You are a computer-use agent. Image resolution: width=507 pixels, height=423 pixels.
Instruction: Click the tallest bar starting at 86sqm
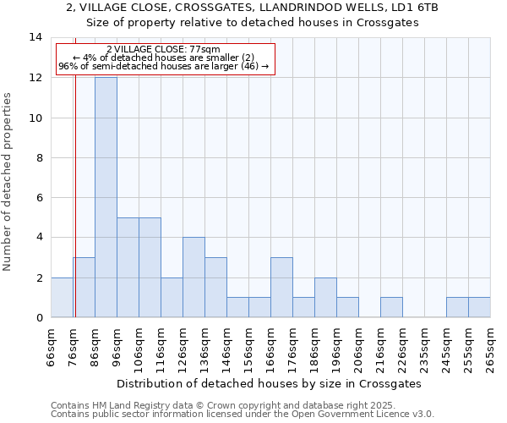pyautogui.click(x=106, y=197)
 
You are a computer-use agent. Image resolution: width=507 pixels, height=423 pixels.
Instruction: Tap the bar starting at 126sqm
pyautogui.click(x=194, y=277)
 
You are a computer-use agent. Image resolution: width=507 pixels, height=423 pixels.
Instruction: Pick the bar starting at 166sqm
pyautogui.click(x=281, y=287)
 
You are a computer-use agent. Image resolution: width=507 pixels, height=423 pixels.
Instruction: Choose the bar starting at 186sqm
pyautogui.click(x=325, y=297)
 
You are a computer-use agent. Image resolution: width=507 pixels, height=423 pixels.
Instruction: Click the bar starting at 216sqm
pyautogui.click(x=391, y=307)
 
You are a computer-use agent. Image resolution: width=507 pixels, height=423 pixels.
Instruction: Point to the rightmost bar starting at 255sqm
pyautogui.click(x=479, y=307)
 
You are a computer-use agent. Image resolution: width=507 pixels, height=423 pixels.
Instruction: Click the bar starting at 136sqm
pyautogui.click(x=215, y=287)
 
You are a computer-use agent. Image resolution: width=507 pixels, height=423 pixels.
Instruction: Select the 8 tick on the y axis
pyautogui.click(x=38, y=157)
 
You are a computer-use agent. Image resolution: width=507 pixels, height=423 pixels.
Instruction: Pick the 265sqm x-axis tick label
pyautogui.click(x=491, y=346)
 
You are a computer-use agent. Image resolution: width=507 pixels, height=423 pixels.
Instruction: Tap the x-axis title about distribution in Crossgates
pyautogui.click(x=269, y=383)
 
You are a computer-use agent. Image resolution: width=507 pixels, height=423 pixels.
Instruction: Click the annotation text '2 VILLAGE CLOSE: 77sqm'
pyautogui.click(x=164, y=50)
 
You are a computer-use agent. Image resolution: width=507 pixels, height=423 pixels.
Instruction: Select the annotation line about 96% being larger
pyautogui.click(x=164, y=66)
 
